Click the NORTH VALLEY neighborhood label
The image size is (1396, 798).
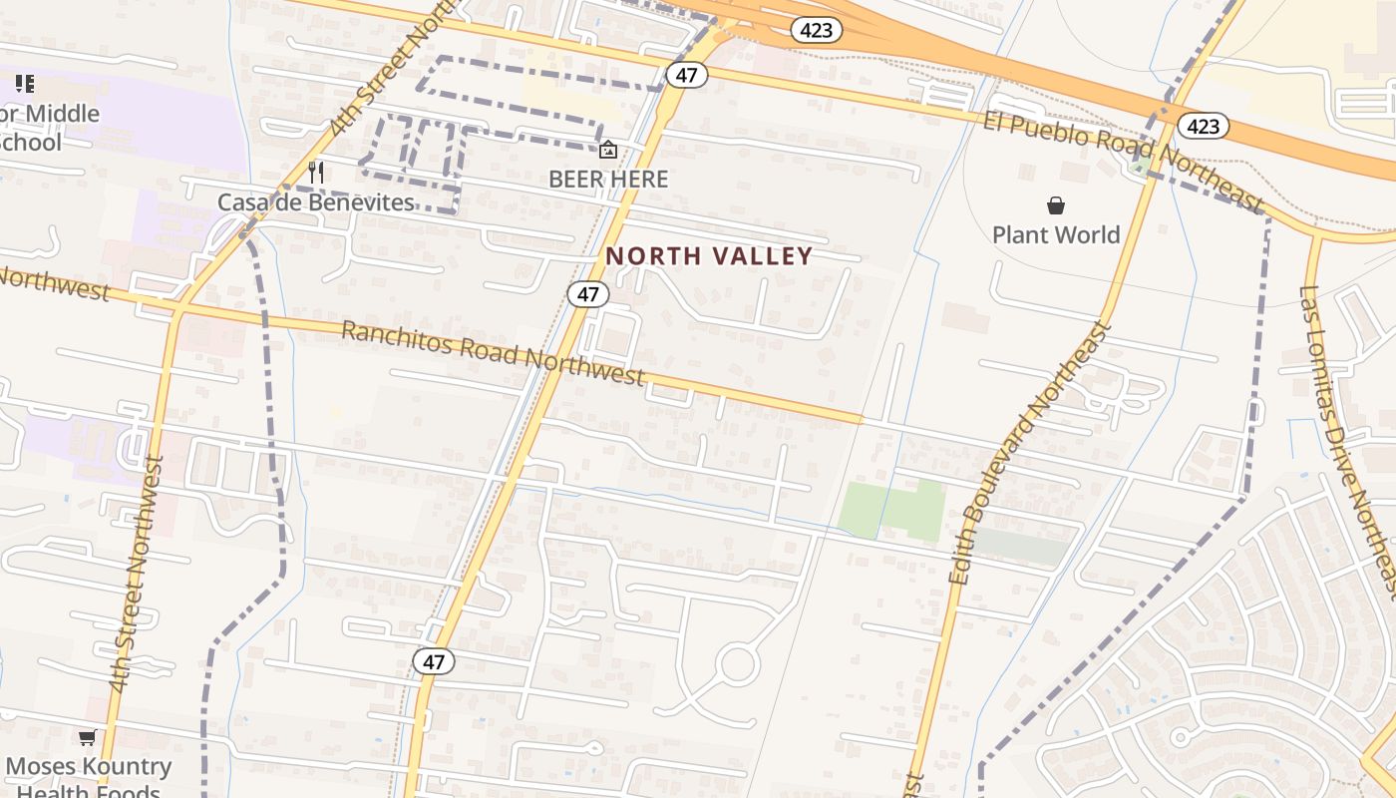[709, 256]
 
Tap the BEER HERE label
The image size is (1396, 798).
[608, 180]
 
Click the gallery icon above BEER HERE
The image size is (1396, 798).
[607, 151]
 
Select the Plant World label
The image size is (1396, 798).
[1056, 235]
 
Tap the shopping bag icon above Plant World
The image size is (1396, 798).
[1056, 205]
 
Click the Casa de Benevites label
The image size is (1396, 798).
[316, 202]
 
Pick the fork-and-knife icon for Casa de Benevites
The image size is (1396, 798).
[316, 173]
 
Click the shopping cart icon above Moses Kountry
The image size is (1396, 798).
[88, 738]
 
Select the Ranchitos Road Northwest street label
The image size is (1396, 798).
[493, 354]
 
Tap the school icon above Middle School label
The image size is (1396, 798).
[25, 84]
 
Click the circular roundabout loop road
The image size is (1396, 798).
[738, 664]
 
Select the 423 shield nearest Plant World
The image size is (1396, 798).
[1203, 126]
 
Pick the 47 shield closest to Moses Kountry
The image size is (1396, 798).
[434, 660]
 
